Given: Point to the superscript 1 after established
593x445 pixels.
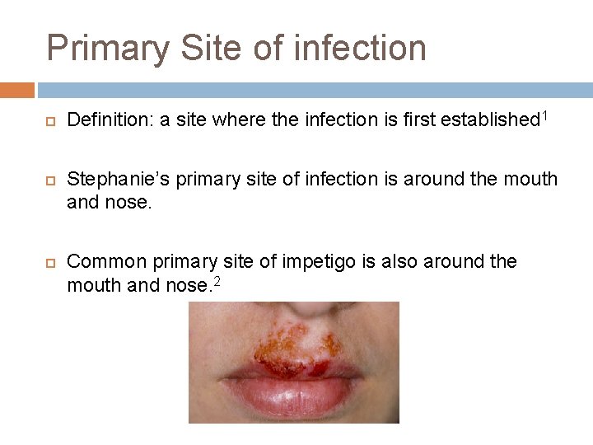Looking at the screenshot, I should (544, 115).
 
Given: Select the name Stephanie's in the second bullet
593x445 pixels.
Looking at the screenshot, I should (112, 180).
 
